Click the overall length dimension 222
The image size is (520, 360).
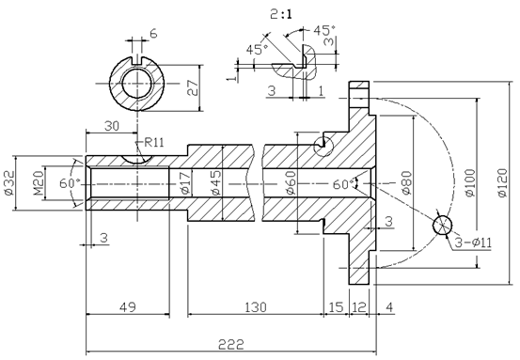point(230,344)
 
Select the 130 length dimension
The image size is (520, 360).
point(256,307)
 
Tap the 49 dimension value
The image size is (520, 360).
point(128,307)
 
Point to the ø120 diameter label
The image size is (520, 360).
point(503,182)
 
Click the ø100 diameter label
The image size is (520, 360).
point(470,182)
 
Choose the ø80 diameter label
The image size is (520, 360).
point(406,182)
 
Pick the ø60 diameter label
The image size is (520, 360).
point(291,182)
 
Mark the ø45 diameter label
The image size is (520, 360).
point(215,182)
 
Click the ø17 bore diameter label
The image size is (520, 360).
point(185,182)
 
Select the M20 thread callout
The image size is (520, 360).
point(39,182)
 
